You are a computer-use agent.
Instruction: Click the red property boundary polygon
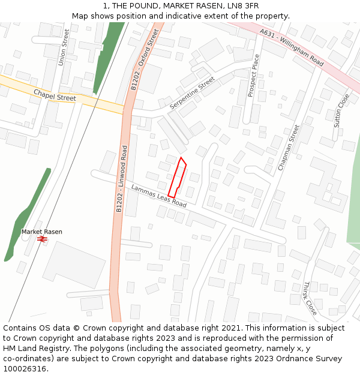(x=177, y=178)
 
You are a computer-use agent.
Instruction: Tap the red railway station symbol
(x=42, y=239)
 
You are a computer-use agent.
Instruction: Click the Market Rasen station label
(x=41, y=232)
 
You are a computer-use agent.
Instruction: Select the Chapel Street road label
(x=55, y=95)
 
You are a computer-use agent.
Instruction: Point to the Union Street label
(x=63, y=47)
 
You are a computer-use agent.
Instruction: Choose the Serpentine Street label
(x=192, y=93)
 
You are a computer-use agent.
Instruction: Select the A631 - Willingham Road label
(x=292, y=47)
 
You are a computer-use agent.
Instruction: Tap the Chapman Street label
(x=288, y=148)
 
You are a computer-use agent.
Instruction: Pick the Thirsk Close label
(x=310, y=299)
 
